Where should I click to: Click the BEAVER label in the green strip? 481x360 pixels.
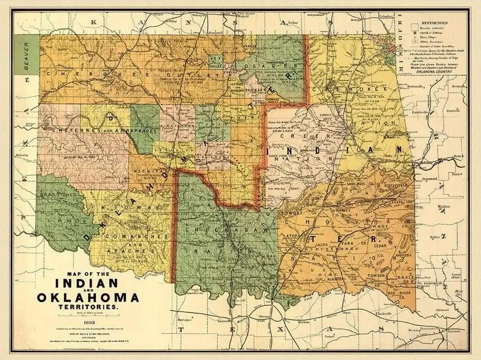pyautogui.click(x=24, y=57)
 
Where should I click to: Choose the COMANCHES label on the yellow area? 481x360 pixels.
pyautogui.click(x=128, y=237)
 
